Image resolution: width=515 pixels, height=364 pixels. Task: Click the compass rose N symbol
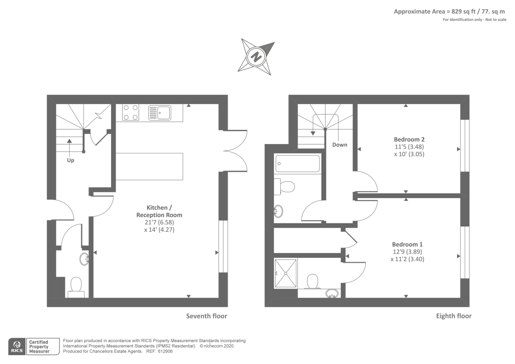[x=256, y=57]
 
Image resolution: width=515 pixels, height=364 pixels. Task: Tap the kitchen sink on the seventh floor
[x=160, y=113]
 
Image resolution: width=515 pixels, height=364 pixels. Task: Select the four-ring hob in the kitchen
[x=131, y=112]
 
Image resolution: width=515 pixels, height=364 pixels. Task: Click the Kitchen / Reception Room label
[x=159, y=211]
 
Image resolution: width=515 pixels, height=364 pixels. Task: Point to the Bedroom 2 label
[x=409, y=139]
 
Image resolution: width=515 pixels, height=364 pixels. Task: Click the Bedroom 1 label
[x=407, y=244]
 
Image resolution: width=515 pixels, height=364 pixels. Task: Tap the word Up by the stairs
[x=70, y=160]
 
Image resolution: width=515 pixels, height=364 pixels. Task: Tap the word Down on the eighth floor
[x=340, y=145]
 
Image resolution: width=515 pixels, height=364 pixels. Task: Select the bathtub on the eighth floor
[x=297, y=164]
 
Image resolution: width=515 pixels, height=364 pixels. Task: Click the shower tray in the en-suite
[x=286, y=273]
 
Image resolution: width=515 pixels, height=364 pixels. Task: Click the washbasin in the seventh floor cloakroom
[x=85, y=258]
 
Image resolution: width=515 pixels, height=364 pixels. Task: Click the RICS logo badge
[x=17, y=347]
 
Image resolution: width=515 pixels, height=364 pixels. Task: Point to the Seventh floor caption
[x=206, y=316]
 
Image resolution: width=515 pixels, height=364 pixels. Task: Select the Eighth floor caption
[x=454, y=316]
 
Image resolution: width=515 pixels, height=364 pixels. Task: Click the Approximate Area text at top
[x=449, y=12]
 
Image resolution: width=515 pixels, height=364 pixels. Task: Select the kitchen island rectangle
[x=149, y=167]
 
